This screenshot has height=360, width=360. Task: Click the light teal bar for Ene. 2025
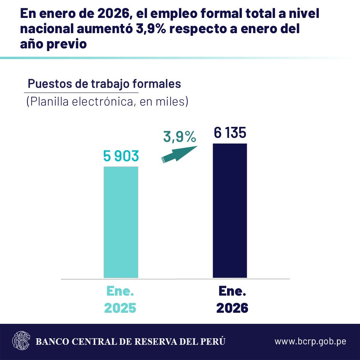click(x=121, y=222)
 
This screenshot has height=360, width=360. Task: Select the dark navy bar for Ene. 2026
click(x=230, y=211)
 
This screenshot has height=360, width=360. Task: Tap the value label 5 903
click(x=121, y=156)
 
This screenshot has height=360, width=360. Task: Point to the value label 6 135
click(x=230, y=133)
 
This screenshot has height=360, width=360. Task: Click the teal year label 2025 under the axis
click(x=120, y=308)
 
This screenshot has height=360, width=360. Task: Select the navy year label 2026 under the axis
click(x=232, y=308)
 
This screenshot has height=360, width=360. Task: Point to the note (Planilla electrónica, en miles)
click(x=107, y=102)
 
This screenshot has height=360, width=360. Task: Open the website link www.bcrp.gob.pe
click(x=310, y=341)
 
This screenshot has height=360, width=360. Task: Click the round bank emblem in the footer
click(x=21, y=341)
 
